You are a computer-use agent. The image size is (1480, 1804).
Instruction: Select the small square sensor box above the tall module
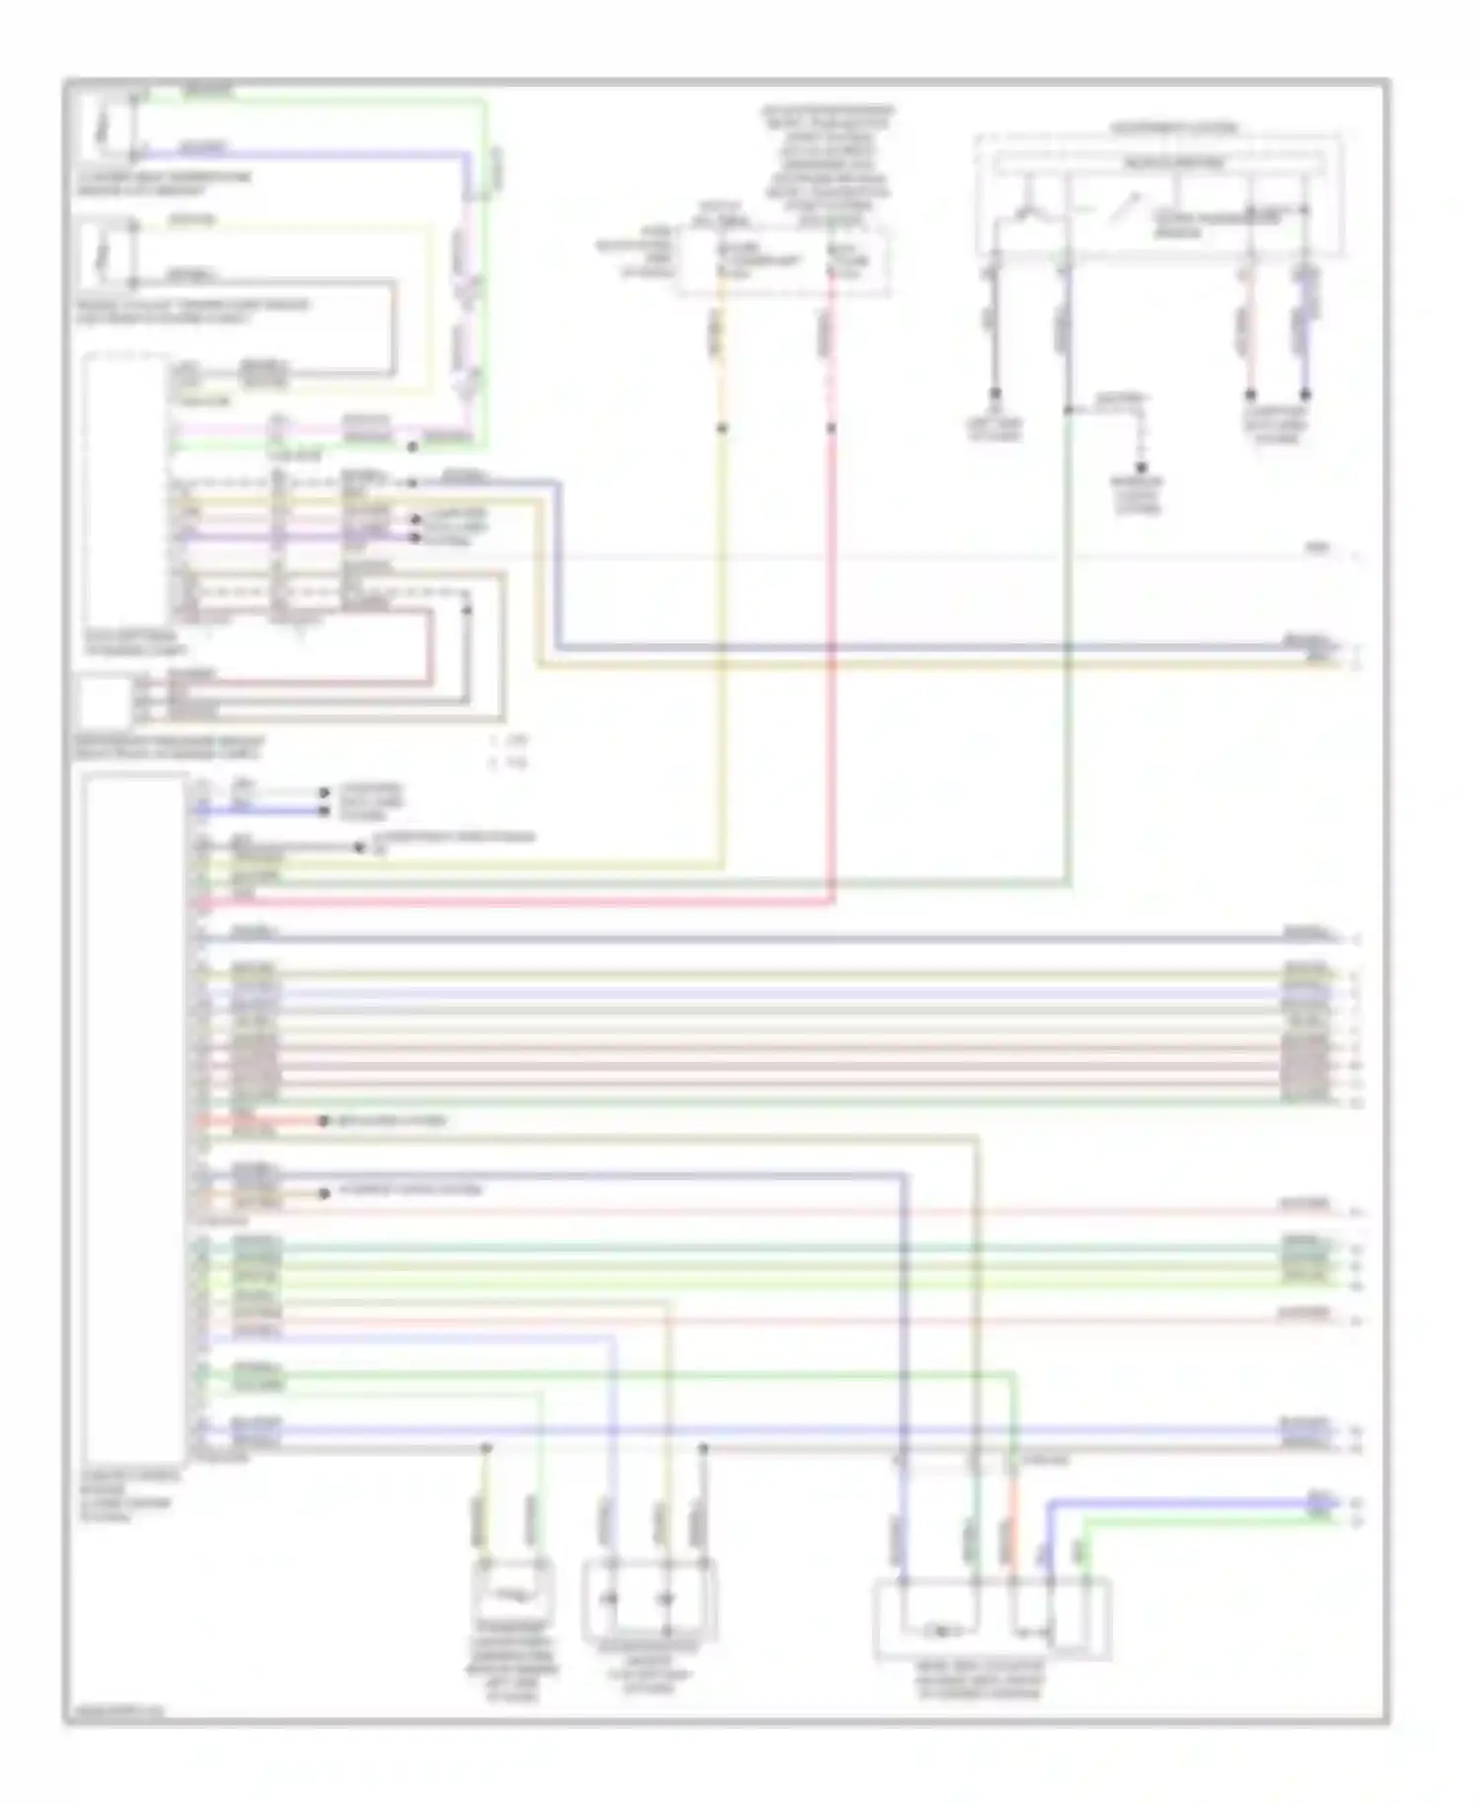105,702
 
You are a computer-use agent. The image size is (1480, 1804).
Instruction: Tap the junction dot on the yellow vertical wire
722,428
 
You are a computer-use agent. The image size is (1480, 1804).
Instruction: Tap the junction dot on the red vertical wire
831,428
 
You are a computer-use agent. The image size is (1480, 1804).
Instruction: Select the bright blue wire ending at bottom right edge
1184,1503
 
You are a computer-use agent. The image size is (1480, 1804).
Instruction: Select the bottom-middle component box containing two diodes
649,1599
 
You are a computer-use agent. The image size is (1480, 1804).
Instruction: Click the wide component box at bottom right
992,1619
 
